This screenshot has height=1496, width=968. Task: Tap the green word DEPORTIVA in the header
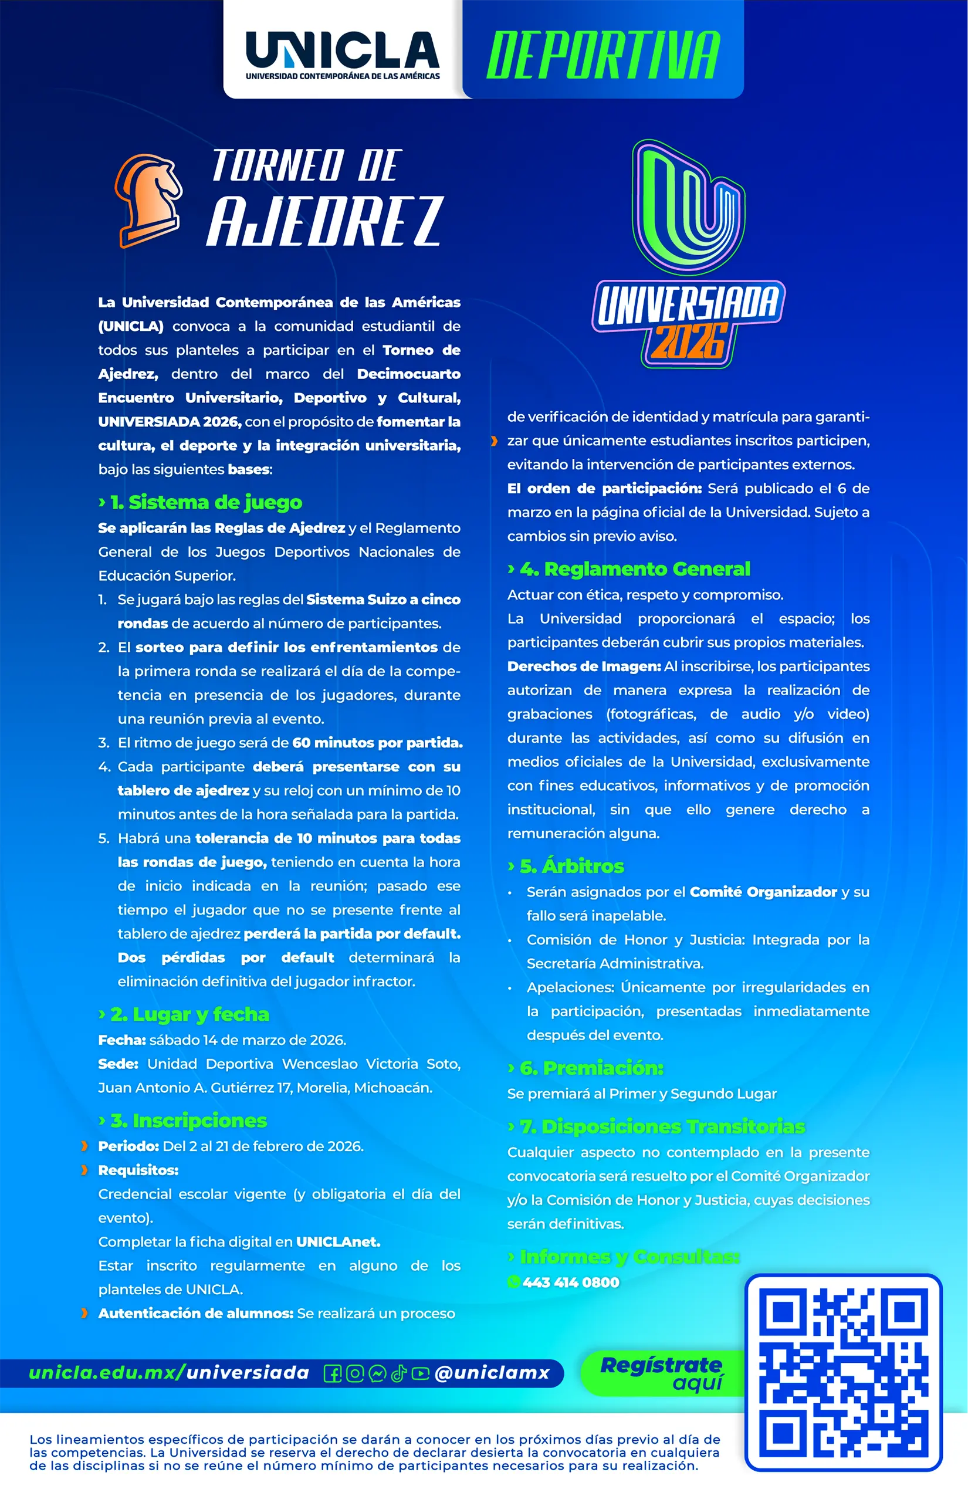tap(603, 55)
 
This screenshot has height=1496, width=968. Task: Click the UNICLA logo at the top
tap(343, 55)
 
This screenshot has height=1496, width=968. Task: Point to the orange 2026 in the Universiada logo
tap(689, 341)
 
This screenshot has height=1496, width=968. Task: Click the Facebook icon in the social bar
tap(333, 1373)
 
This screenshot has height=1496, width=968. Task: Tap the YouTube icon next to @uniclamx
tap(420, 1373)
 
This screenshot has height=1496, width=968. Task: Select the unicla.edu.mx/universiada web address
tap(169, 1373)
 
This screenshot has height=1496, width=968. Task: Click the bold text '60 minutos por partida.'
tap(377, 742)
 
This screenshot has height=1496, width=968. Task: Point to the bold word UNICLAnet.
tap(338, 1241)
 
